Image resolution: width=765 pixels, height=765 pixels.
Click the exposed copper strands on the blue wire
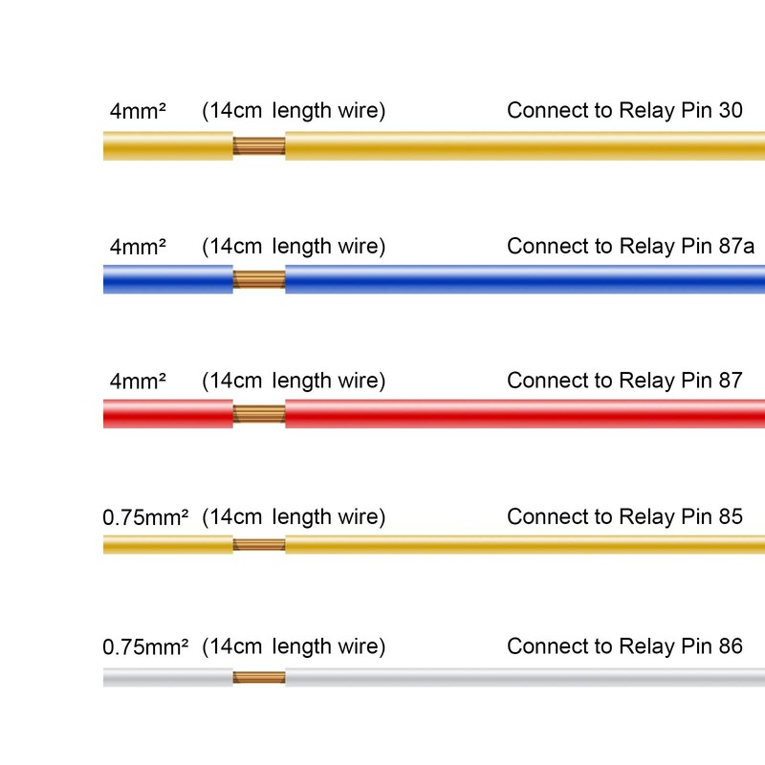pyautogui.click(x=259, y=279)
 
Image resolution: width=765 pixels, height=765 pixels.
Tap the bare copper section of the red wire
pyautogui.click(x=259, y=414)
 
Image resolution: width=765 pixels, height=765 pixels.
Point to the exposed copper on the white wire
pyautogui.click(x=259, y=677)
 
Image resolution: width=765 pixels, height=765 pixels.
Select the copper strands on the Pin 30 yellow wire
pyautogui.click(x=259, y=146)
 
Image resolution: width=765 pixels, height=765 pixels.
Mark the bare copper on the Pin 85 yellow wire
pyautogui.click(x=259, y=544)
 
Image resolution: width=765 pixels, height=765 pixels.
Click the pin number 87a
pyautogui.click(x=736, y=246)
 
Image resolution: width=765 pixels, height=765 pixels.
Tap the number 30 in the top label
pyautogui.click(x=731, y=110)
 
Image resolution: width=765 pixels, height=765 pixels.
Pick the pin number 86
pyautogui.click(x=731, y=646)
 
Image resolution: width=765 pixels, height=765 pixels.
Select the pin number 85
pyautogui.click(x=731, y=516)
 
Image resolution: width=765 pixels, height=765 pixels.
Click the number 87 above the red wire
pyautogui.click(x=731, y=380)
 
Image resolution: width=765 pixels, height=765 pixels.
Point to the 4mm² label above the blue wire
pyautogui.click(x=138, y=247)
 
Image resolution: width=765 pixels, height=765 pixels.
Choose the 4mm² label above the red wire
pyautogui.click(x=138, y=381)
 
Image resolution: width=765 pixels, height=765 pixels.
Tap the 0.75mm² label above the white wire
pyautogui.click(x=145, y=647)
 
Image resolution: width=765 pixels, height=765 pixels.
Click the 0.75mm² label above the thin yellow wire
pyautogui.click(x=145, y=517)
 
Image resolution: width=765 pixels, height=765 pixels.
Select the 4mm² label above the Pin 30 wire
pyautogui.click(x=138, y=111)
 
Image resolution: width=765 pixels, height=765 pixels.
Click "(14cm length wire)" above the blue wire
pyautogui.click(x=294, y=247)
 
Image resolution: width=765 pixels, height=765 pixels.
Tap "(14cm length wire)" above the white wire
pyautogui.click(x=294, y=647)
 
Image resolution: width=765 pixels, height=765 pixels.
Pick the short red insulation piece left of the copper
pyautogui.click(x=168, y=414)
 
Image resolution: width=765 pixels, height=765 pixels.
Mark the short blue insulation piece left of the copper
pyautogui.click(x=168, y=279)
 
